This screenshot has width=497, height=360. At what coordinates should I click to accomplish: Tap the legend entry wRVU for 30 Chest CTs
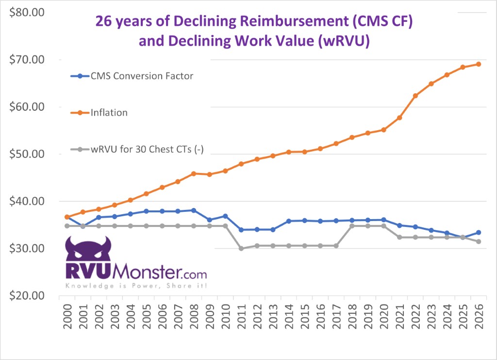(146, 150)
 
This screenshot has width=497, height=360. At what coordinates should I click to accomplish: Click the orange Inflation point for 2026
(478, 64)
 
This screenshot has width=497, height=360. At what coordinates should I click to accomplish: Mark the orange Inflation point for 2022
(415, 96)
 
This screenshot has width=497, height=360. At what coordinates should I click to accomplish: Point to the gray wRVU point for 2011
(241, 248)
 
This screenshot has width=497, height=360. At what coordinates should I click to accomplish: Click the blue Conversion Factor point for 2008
(194, 210)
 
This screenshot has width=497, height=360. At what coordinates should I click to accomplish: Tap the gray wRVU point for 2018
(352, 226)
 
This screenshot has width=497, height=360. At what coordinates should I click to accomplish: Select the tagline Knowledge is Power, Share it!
(136, 286)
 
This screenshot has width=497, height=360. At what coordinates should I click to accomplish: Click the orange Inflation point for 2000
(67, 217)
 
